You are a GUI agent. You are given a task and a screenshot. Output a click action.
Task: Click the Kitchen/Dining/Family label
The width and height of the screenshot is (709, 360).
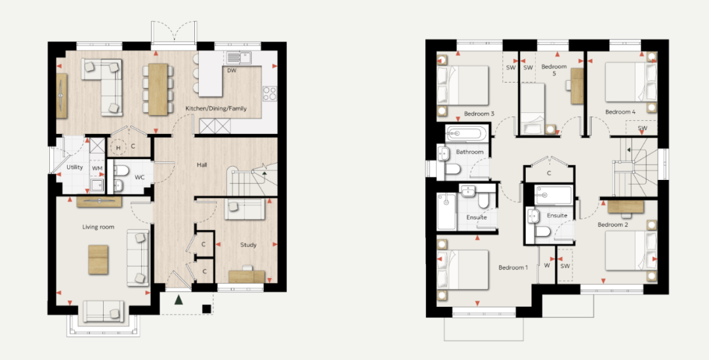point(216,108)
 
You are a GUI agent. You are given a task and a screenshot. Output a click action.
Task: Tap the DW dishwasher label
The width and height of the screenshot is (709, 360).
point(232,70)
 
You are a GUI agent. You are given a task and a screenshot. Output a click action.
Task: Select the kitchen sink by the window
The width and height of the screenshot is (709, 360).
point(239,57)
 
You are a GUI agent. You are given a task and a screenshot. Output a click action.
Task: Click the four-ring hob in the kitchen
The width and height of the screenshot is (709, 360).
point(270,93)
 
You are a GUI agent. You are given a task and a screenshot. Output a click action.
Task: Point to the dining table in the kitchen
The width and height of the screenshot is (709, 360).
point(158,89)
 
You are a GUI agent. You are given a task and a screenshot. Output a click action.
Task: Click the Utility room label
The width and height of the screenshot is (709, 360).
point(75,168)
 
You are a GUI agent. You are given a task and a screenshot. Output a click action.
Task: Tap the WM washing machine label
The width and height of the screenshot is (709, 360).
point(97,168)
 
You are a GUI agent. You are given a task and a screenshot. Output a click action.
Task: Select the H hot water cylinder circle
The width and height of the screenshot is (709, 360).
point(118,147)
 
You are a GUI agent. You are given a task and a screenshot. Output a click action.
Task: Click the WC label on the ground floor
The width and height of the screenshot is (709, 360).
point(140,177)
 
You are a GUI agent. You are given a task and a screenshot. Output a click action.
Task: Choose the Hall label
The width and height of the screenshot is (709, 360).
point(202,165)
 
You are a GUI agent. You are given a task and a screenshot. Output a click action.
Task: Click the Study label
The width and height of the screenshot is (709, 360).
point(248,244)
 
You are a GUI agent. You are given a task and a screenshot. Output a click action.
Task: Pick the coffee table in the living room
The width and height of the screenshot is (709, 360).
point(98,259)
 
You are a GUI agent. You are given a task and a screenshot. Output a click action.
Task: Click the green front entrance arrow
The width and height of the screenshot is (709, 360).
point(179,300)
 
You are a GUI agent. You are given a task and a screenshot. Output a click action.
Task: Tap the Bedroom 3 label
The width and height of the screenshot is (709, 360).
point(479,114)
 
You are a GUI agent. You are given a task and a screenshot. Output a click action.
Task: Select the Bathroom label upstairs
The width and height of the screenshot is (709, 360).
point(470,152)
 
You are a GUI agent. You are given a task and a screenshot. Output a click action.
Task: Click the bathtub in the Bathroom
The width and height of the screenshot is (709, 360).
point(467,134)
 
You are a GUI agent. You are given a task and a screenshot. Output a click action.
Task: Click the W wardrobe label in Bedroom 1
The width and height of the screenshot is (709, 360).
point(547,265)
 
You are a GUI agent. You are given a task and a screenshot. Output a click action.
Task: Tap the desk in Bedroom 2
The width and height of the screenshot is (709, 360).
point(626,207)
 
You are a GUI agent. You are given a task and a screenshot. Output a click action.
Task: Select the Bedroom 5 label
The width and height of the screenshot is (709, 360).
point(554,70)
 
